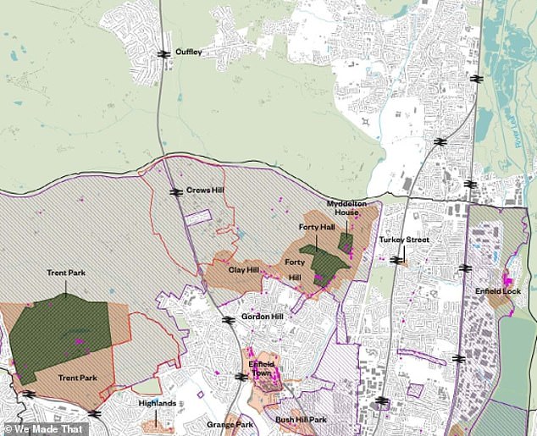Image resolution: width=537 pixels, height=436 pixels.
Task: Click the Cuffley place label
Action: [188, 52]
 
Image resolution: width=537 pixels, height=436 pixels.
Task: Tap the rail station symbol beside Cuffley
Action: [163, 53]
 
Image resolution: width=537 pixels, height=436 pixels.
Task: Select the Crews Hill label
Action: [203, 190]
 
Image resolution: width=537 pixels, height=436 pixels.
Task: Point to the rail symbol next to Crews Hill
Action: [176, 191]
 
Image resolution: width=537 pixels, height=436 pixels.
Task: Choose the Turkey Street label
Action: [404, 240]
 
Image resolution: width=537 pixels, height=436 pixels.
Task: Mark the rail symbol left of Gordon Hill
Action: [228, 320]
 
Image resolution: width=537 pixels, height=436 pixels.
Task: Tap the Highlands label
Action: [158, 403]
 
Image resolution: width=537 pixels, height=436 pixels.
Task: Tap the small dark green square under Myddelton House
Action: [346, 243]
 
